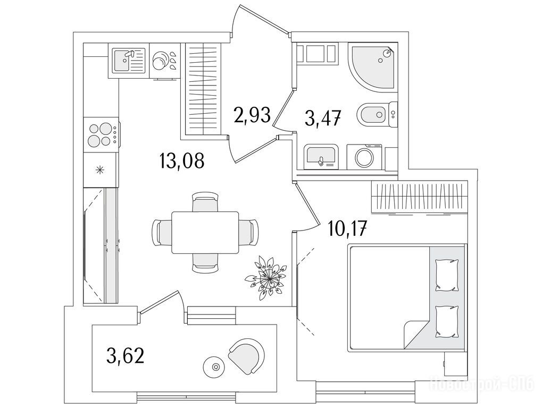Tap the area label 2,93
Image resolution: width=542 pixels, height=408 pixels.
(252, 114)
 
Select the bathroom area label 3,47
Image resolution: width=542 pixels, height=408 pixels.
(322, 116)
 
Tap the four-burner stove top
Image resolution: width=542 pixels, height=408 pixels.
(101, 134)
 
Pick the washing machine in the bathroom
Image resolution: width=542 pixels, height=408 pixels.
(364, 157)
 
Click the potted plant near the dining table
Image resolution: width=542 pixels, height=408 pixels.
(268, 276)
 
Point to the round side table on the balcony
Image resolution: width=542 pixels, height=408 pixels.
(215, 366)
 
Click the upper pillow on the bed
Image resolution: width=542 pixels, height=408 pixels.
(446, 274)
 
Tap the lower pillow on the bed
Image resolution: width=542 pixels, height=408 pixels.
(446, 321)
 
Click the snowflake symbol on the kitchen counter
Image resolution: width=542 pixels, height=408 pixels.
(99, 170)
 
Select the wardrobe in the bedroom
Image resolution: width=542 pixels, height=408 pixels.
(421, 197)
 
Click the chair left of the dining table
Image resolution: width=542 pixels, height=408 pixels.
(162, 232)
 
